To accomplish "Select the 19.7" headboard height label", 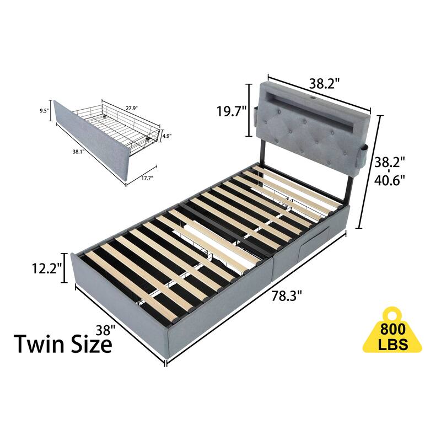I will (x=230, y=112).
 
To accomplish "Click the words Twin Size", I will (x=62, y=345).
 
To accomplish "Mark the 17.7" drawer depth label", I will (x=146, y=178).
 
